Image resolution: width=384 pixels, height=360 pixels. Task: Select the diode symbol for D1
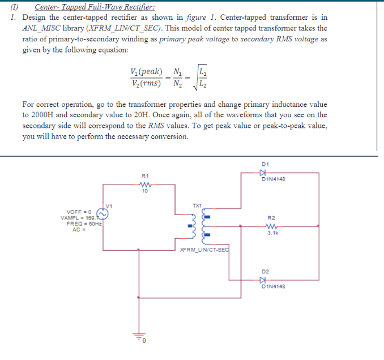point(262,172)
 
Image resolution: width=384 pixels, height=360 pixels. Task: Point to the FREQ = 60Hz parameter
point(80,222)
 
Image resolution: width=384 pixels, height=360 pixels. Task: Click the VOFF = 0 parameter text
point(79,211)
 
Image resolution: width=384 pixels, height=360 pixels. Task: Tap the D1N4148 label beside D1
point(274,180)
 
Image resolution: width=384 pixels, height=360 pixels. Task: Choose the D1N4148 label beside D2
point(274,287)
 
